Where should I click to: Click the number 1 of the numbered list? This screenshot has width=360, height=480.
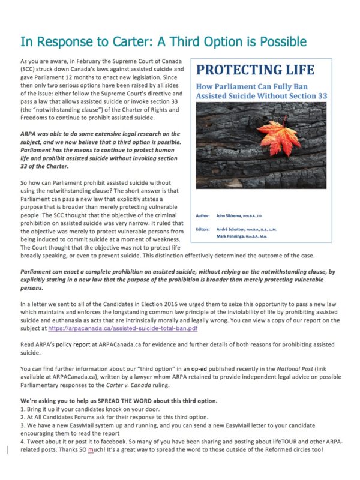[22, 409]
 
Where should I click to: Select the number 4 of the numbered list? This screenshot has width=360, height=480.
[22, 442]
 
